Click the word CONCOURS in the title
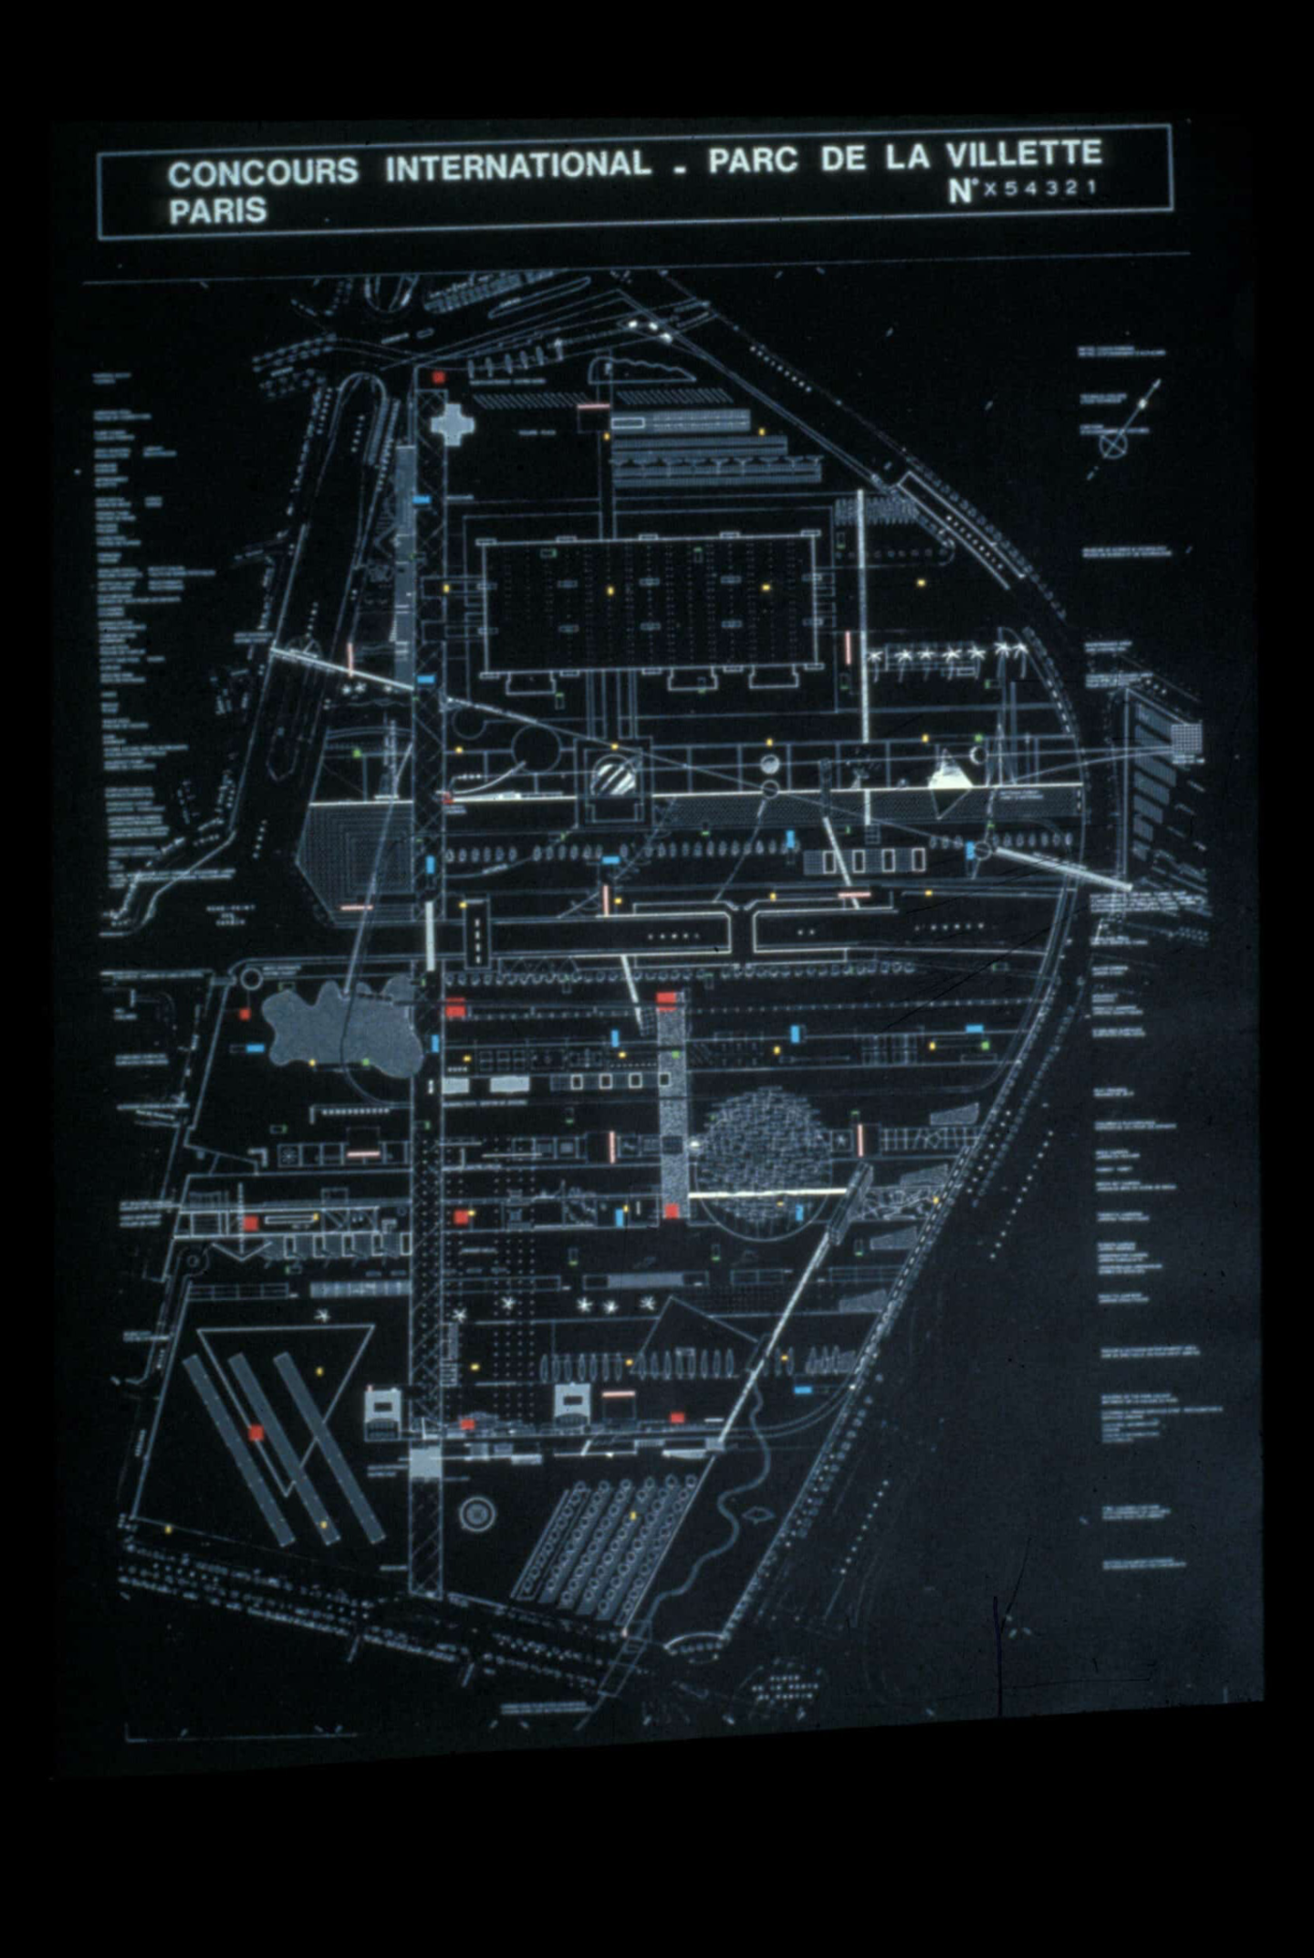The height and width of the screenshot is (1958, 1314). point(263,172)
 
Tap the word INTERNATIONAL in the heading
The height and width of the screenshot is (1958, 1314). point(517,166)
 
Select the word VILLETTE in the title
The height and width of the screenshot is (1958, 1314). point(1023,154)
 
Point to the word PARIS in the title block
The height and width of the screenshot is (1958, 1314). point(217,212)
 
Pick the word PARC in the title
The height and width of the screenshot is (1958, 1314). point(753,161)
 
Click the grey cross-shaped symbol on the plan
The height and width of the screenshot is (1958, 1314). point(451,423)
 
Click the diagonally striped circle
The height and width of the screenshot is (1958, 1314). point(617,777)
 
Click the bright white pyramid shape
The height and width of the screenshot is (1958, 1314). point(951,776)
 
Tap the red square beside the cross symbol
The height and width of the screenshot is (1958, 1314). point(439,377)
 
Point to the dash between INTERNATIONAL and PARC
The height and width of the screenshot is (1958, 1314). point(680,169)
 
